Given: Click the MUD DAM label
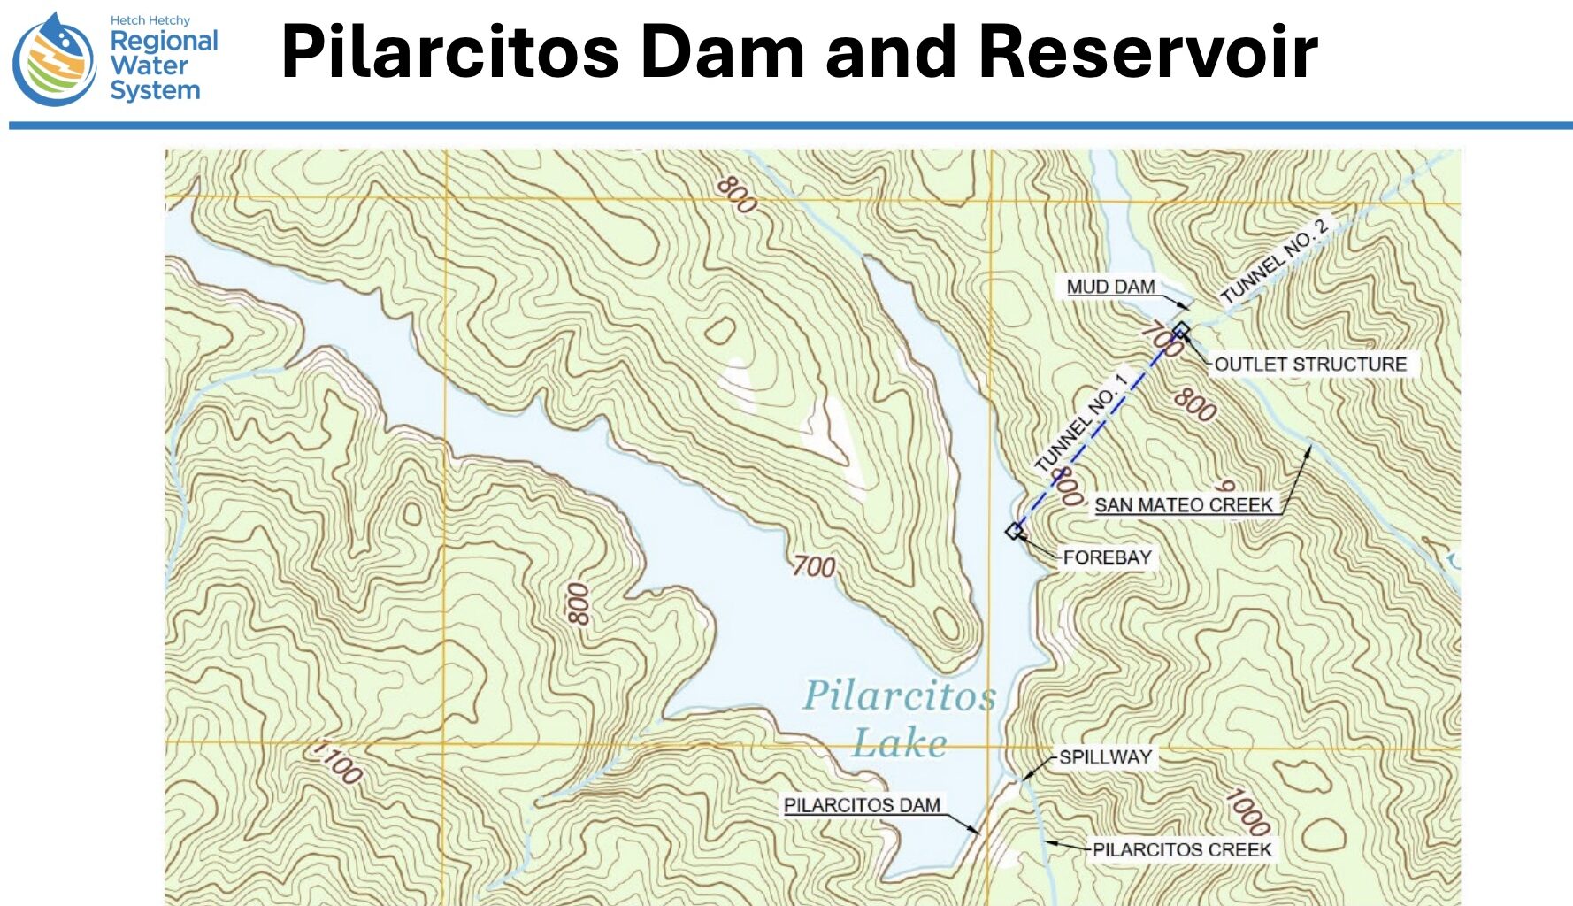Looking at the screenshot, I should click(1110, 287).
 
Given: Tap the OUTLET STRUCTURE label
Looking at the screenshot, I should click(1309, 364).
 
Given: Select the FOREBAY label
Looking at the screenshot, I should click(1107, 557).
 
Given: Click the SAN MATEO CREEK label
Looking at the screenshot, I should click(1184, 505).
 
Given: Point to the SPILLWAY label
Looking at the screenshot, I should click(1105, 757).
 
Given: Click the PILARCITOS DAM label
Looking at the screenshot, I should click(862, 805).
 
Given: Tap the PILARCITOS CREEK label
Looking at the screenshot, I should click(1181, 849).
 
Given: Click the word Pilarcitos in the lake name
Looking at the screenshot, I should click(900, 695).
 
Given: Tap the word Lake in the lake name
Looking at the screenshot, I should click(900, 742).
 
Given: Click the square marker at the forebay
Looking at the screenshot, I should click(1015, 531).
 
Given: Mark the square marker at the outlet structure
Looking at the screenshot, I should click(1181, 331).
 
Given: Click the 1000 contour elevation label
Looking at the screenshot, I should click(1247, 811).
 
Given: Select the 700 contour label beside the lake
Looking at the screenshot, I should click(813, 565).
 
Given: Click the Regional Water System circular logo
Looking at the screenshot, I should click(54, 61).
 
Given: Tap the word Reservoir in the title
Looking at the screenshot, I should click(1148, 52).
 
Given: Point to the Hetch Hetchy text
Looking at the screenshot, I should click(150, 20).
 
